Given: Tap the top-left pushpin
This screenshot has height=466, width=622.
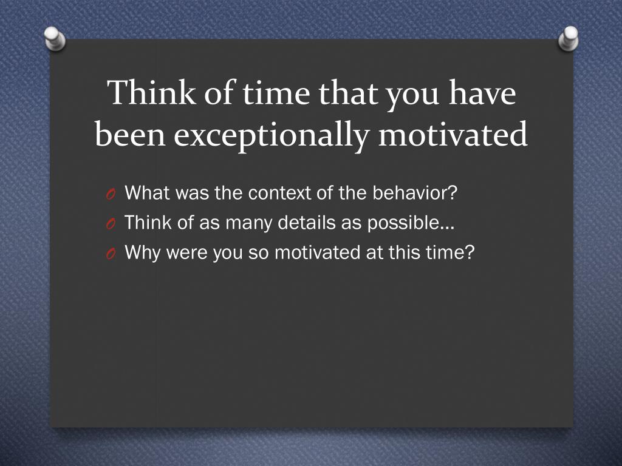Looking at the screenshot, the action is tap(55, 38).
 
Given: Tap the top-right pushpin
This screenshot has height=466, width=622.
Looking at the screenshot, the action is tap(569, 38).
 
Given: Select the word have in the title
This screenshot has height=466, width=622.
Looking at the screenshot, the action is tap(482, 93).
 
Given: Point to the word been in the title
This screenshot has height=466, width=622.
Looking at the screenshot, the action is tap(130, 134).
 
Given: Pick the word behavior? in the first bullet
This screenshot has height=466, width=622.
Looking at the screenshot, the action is tap(415, 192).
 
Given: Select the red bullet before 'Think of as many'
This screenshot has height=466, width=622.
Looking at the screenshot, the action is tap(111, 224).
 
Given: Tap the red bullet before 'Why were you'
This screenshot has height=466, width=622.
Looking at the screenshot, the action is tap(111, 254).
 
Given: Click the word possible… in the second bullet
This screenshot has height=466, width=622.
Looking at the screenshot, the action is tap(411, 223).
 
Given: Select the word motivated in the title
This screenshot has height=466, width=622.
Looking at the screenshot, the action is tap(453, 134).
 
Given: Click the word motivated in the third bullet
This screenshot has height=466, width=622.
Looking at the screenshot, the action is tap(317, 252).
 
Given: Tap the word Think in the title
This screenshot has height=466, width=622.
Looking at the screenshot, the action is tap(151, 92).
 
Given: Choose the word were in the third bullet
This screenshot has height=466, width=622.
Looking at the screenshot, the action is tap(186, 253).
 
